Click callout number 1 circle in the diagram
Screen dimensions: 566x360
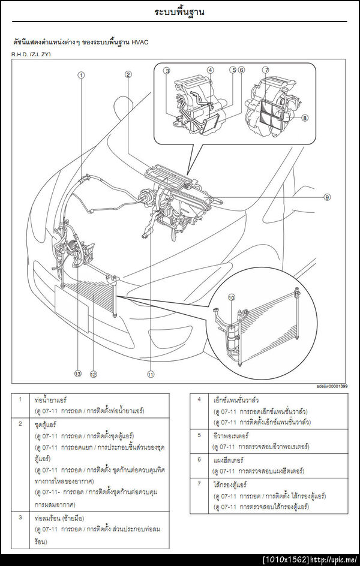[x=81, y=75]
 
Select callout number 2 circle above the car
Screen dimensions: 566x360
[x=128, y=74]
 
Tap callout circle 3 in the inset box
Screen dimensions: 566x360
[x=167, y=70]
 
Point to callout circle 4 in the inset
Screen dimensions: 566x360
[x=211, y=70]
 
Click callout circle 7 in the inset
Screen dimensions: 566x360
[x=266, y=70]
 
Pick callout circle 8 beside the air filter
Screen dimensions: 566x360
[x=305, y=118]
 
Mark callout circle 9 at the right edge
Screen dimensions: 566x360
[x=327, y=197]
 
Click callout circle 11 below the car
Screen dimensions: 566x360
[x=150, y=374]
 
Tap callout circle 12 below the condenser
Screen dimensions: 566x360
[x=93, y=374]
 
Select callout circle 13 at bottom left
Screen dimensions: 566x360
[x=77, y=374]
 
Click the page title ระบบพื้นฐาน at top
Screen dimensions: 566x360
[x=179, y=11]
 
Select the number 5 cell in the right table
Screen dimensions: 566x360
[x=199, y=435]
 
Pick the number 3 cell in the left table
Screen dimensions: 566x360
[x=21, y=516]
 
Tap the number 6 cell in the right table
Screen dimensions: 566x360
[x=199, y=459]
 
